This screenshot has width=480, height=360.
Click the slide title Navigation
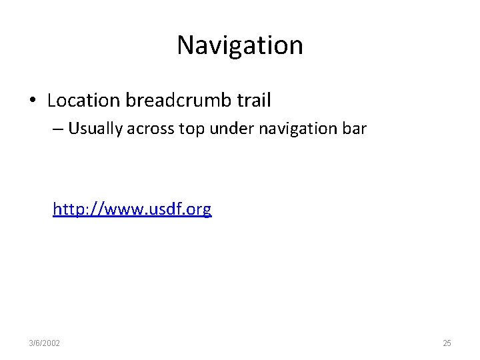(x=240, y=45)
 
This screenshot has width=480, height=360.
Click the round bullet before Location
(x=32, y=101)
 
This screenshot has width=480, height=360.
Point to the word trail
(x=253, y=101)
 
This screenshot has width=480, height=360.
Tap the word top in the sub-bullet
(x=192, y=129)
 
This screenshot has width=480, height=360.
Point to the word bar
(x=354, y=129)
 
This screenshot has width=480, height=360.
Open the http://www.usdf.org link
(x=132, y=209)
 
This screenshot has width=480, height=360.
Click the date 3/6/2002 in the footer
(x=44, y=343)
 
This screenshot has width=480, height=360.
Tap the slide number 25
(x=447, y=343)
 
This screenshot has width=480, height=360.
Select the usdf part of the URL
(x=163, y=209)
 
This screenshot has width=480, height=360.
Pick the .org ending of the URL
(x=197, y=209)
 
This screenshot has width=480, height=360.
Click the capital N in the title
(x=186, y=45)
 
